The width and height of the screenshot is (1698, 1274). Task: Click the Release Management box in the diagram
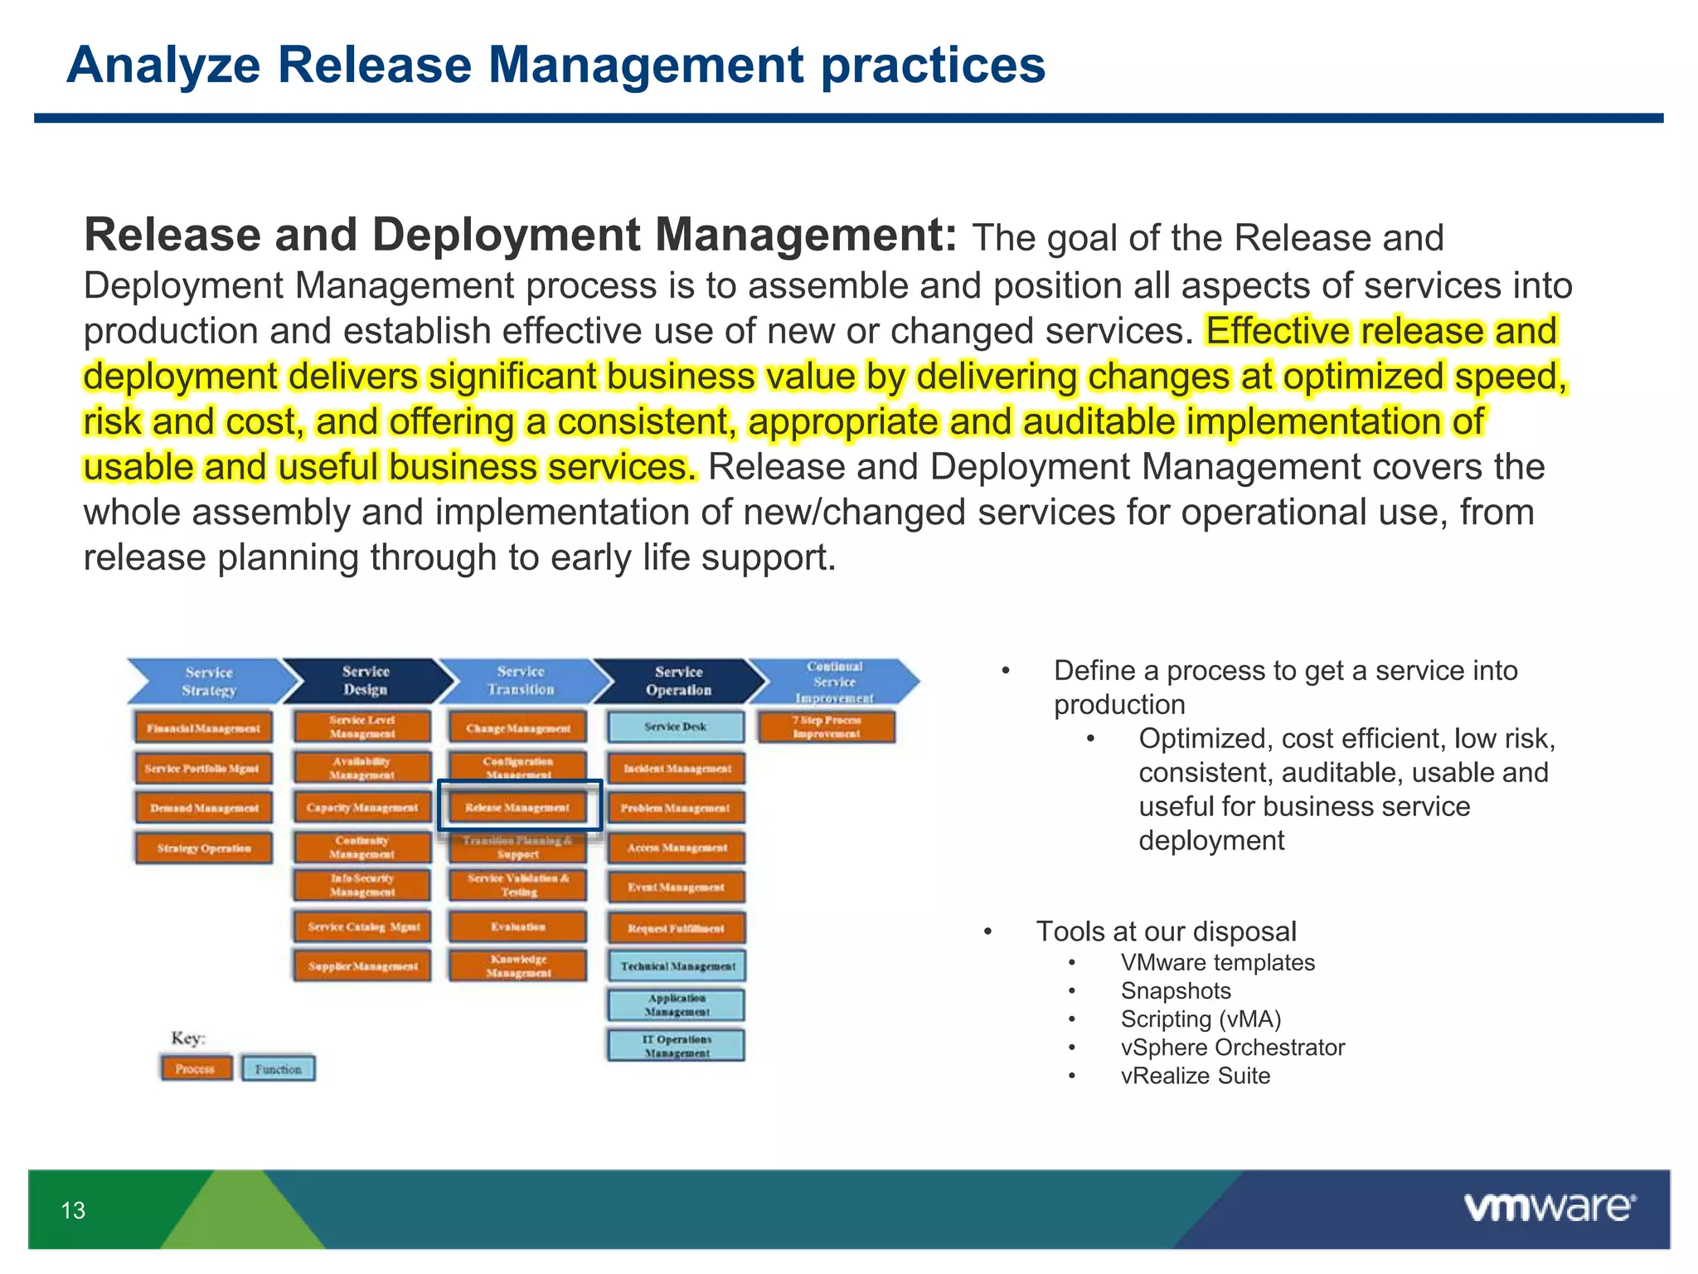518,806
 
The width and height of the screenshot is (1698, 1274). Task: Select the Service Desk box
676,727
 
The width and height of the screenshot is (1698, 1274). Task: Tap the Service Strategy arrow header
209,681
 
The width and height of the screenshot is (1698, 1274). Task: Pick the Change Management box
518,727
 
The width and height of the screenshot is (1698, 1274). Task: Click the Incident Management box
677,768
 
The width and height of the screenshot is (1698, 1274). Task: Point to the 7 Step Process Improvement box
827,727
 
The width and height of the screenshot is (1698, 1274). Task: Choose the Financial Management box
203,727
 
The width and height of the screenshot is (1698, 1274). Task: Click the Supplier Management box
362,965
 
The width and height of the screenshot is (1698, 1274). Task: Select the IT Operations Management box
677,1045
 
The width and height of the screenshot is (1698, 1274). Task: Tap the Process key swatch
196,1068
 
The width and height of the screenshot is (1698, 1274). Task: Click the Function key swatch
279,1068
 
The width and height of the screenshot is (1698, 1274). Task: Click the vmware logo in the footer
1549,1207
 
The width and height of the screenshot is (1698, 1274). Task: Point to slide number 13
73,1210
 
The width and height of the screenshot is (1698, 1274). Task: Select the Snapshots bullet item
1175,990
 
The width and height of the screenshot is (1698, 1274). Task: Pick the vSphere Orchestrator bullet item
1232,1047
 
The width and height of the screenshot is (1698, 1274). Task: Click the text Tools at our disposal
1166,931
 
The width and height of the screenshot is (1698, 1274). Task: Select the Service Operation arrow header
678,681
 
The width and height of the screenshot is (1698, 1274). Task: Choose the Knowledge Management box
518,965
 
